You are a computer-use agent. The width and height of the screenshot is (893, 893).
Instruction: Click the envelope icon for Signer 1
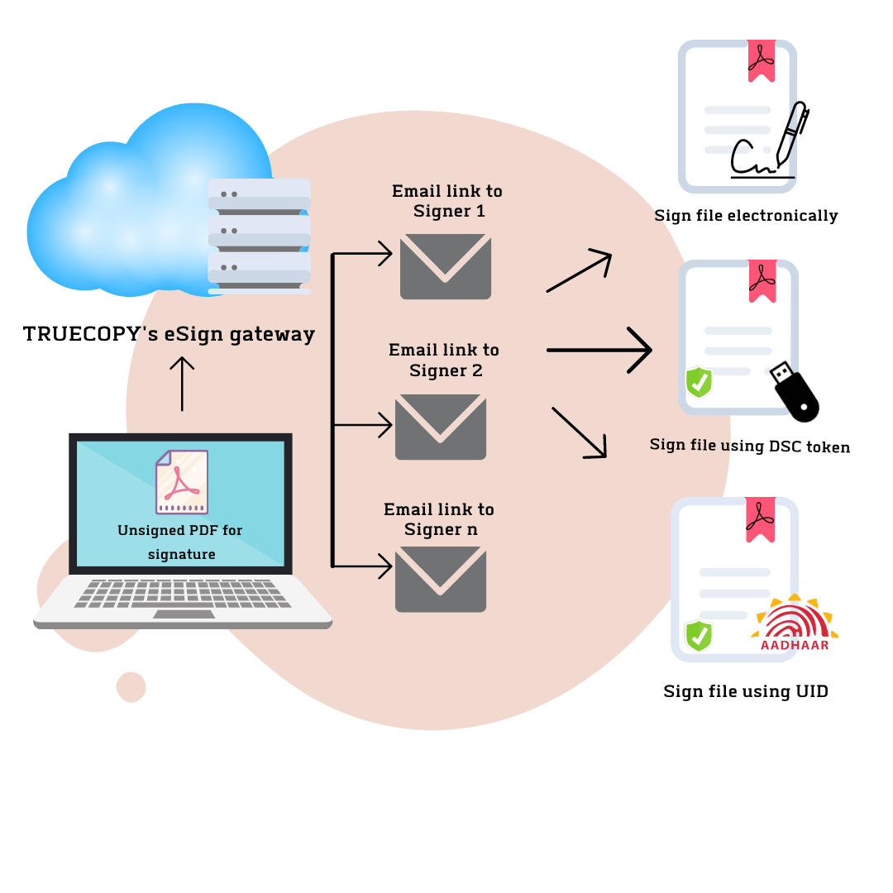tap(445, 266)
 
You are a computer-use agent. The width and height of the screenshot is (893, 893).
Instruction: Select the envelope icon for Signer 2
tap(440, 427)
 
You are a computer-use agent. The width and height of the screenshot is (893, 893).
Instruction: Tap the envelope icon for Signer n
tap(440, 579)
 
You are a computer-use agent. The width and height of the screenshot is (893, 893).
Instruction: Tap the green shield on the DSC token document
tap(700, 382)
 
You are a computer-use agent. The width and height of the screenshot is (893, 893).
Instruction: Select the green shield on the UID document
tap(700, 636)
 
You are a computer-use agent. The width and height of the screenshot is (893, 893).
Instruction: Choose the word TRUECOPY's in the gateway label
tap(79, 334)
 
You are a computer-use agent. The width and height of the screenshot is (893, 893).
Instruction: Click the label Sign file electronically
tap(746, 216)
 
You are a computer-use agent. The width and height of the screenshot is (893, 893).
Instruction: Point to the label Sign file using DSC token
tap(749, 446)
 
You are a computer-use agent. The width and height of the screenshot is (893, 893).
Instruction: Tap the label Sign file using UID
tap(745, 691)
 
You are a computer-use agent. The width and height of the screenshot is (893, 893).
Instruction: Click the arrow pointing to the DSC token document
tap(599, 351)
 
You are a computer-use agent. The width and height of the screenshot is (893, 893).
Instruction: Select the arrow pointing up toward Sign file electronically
tap(580, 272)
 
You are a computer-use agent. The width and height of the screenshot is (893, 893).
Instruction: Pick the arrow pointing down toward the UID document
tap(580, 432)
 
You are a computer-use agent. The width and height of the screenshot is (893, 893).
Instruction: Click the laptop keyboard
tap(182, 593)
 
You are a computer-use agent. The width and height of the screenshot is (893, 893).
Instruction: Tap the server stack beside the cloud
tap(259, 236)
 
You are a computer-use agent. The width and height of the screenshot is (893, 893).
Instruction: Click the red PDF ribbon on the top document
tap(762, 60)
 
